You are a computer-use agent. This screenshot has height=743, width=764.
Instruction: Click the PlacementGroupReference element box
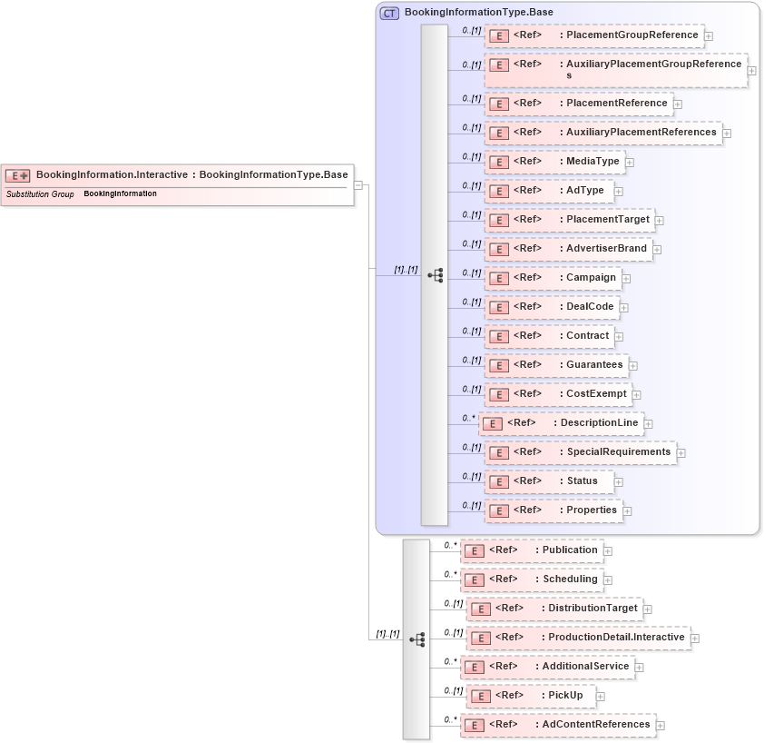pos(594,35)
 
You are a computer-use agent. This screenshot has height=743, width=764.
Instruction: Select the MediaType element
pos(554,162)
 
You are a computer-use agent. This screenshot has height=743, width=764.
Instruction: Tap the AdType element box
pos(548,191)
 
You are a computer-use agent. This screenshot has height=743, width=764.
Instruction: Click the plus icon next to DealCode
pos(624,307)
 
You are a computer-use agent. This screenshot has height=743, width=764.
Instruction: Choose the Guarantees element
pos(557,365)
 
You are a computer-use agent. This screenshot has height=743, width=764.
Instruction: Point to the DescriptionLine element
pos(561,423)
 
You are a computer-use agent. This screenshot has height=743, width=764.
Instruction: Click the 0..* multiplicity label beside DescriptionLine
pos(468,418)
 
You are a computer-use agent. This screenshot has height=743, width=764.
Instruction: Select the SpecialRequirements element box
pos(581,452)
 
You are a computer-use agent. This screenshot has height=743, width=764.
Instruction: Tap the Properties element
pos(553,510)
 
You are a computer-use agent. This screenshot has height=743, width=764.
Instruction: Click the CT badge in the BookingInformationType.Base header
pos(389,13)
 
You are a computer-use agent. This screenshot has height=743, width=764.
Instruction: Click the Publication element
pos(531,550)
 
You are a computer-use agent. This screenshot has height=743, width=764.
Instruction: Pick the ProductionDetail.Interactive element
pos(578,638)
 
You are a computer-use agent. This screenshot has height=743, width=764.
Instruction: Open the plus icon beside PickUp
pos(601,697)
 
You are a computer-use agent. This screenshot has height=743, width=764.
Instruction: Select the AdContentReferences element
pos(557,725)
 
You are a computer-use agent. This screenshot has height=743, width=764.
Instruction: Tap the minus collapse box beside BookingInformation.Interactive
pos(358,184)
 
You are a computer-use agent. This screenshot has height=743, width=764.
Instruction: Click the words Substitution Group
pos(40,194)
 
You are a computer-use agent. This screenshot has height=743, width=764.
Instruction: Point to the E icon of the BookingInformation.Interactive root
pos(18,175)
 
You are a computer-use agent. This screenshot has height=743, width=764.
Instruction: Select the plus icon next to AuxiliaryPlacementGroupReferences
pos(752,70)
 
